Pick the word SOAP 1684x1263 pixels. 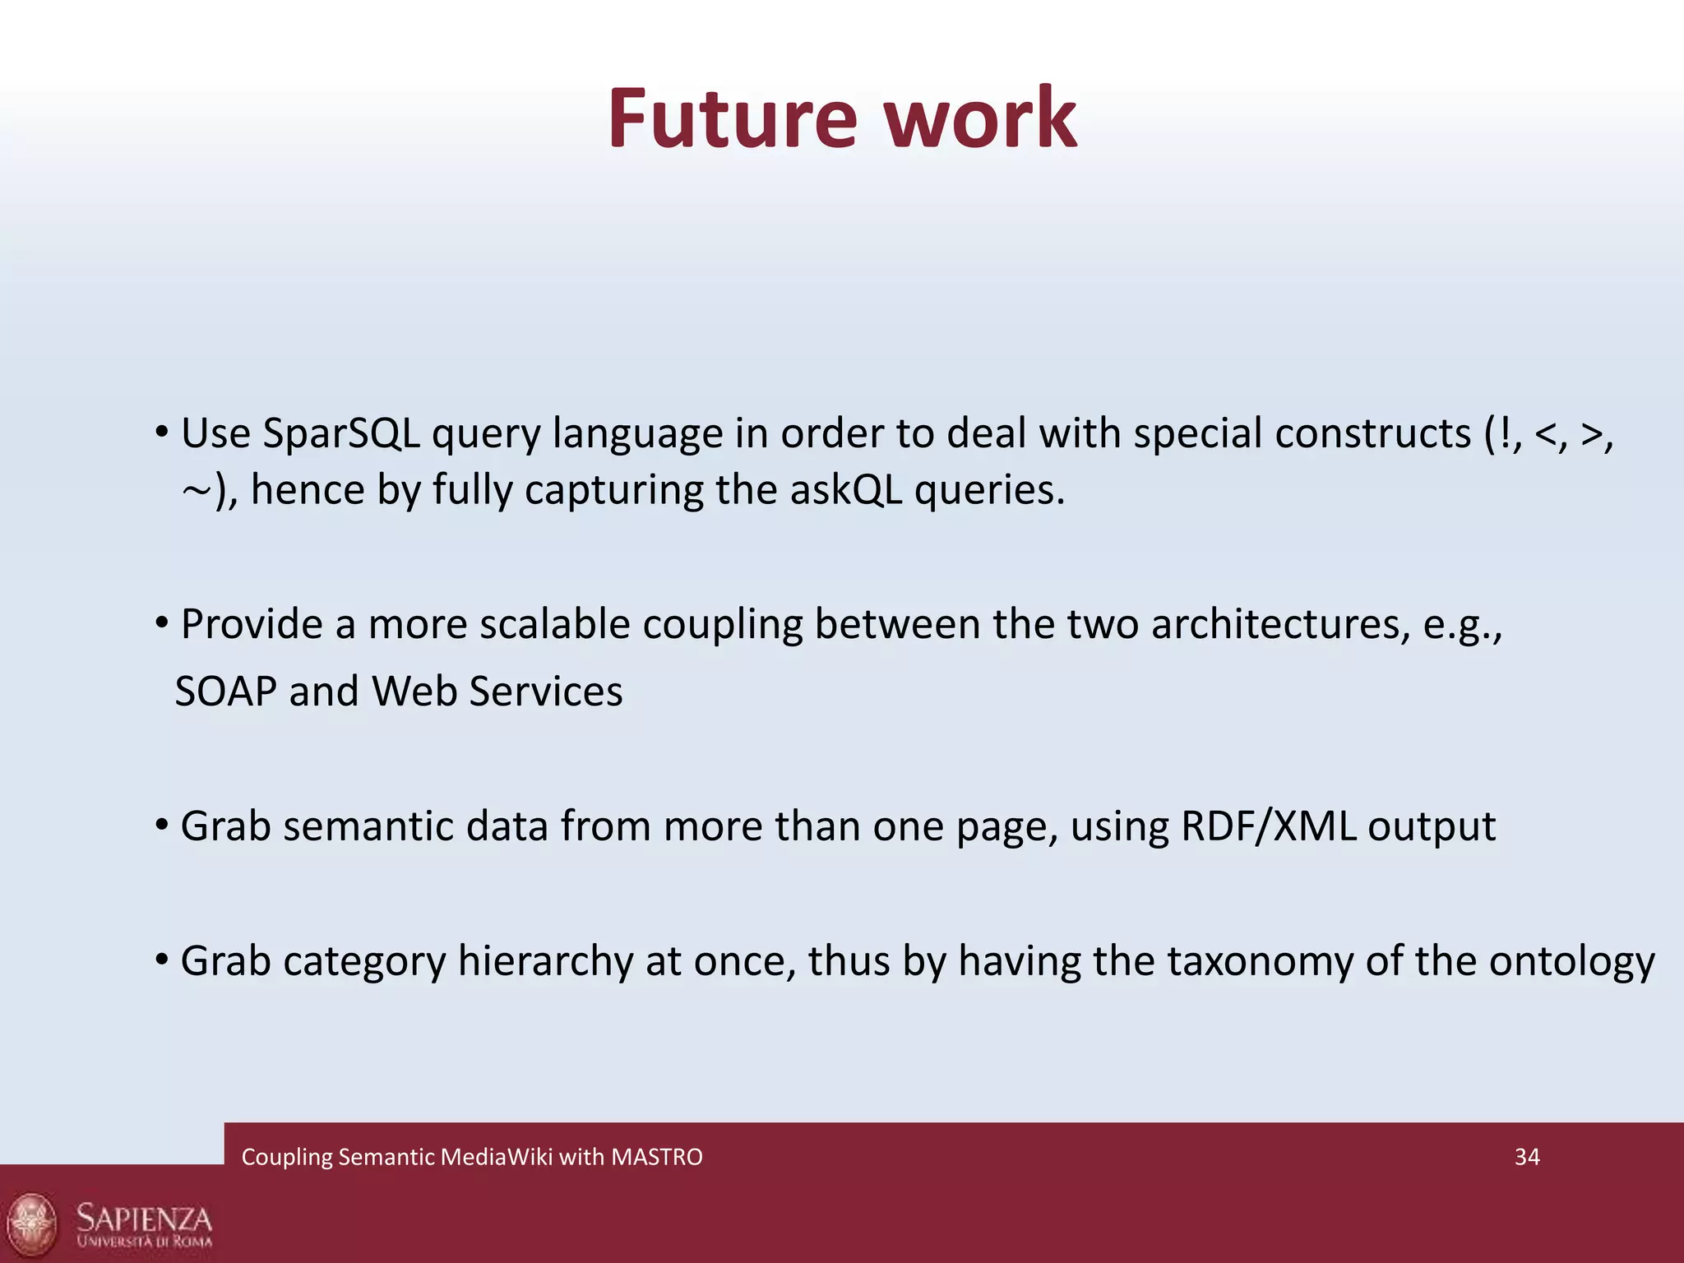point(226,692)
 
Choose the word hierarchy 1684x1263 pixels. point(545,961)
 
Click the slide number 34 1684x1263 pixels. point(1527,1157)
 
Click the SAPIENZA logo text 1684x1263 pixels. point(145,1218)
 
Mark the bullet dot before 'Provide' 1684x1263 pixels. point(162,622)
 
